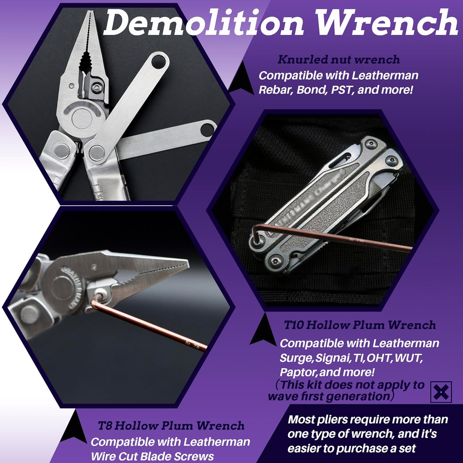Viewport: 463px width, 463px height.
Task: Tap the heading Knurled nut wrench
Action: click(x=338, y=60)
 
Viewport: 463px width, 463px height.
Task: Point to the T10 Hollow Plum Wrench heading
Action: click(x=360, y=325)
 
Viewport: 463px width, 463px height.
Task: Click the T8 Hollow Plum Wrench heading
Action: click(x=171, y=426)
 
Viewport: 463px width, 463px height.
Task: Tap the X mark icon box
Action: click(x=441, y=392)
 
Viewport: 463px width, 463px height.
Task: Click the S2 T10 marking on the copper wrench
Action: click(x=357, y=240)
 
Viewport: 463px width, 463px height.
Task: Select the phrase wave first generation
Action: click(x=329, y=396)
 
